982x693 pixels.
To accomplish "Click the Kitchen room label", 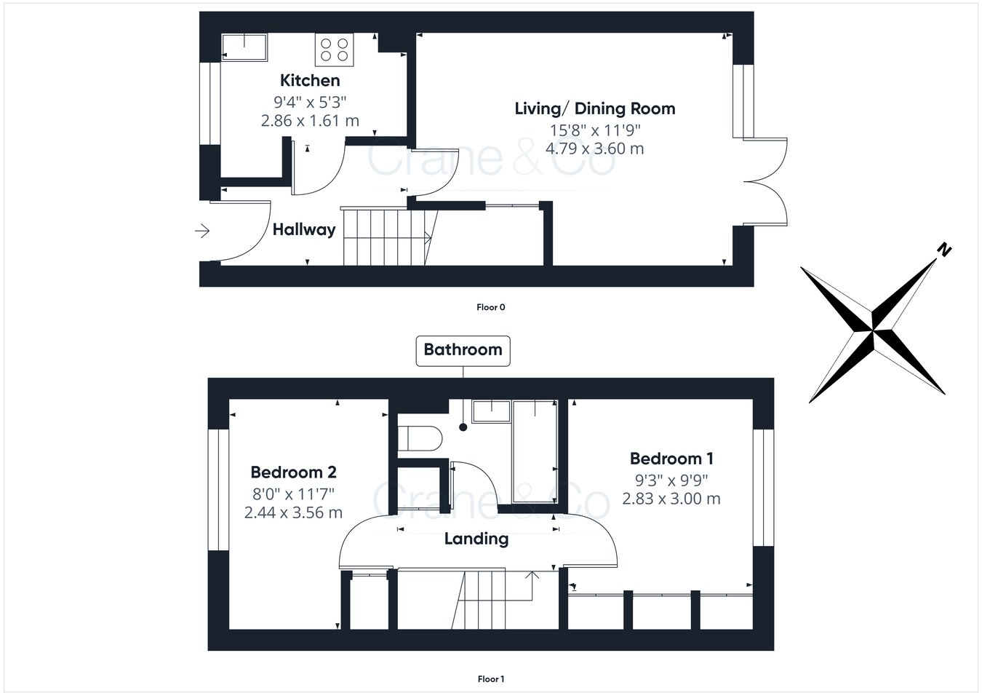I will point(310,80).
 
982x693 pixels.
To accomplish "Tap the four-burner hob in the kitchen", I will point(335,49).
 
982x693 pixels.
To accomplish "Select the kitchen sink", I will point(244,47).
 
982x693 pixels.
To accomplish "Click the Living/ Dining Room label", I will point(594,108).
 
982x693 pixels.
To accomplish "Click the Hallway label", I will point(304,229).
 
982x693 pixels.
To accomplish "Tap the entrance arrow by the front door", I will point(202,231).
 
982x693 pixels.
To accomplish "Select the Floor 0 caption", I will point(490,307).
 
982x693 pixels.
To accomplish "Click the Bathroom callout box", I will point(463,349).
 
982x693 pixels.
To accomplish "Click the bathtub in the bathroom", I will point(535,451).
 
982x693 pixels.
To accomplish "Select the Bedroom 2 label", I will point(293,472).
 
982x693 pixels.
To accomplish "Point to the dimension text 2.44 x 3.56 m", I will point(293,512).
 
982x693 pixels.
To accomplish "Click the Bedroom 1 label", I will point(671,459).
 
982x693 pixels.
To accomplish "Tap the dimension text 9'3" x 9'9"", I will point(671,480).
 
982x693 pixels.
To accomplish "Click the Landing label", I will point(476,539).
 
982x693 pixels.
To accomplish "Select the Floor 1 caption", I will point(490,679).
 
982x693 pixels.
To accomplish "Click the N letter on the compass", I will point(943,250).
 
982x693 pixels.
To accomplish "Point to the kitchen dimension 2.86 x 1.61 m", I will point(310,121).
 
